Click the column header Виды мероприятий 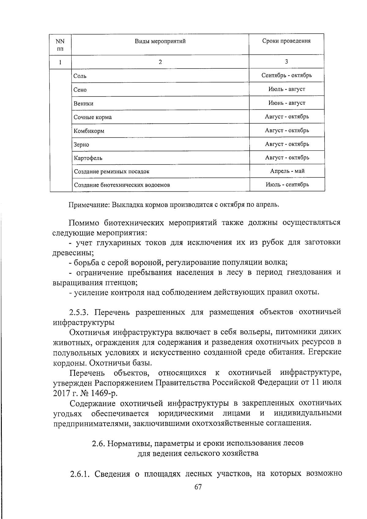click(160, 41)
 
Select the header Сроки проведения click(286, 41)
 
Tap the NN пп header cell click(60, 44)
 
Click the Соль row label click(80, 76)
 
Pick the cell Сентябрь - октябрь click(287, 75)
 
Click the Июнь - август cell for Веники click(287, 103)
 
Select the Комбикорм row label click(89, 131)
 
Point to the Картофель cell click(88, 158)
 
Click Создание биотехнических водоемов click(122, 185)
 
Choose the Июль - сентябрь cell click(287, 185)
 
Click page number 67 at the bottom click(198, 487)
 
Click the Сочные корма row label click(93, 117)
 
